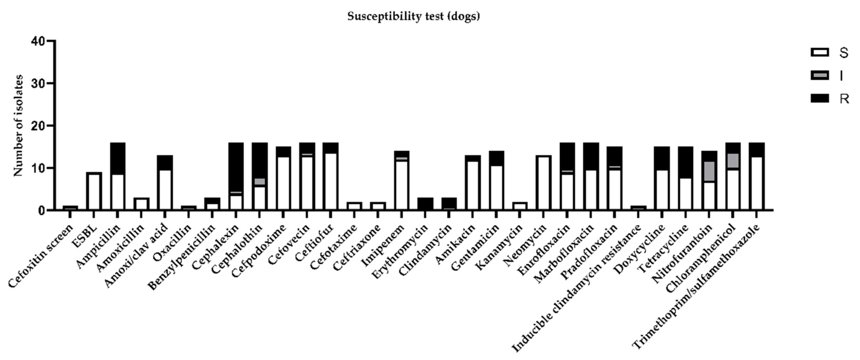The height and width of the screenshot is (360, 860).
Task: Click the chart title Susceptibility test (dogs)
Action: coord(413,16)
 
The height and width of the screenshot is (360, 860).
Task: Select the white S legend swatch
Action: coord(819,52)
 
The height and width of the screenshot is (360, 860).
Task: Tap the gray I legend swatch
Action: coord(819,75)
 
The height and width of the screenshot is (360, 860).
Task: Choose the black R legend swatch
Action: coord(819,98)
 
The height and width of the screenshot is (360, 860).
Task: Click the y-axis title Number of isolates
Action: coord(18,125)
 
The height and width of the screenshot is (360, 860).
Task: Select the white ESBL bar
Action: coord(94,191)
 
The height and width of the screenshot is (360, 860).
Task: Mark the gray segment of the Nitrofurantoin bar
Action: coord(709,171)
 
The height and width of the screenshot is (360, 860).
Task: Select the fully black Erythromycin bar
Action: coord(425,204)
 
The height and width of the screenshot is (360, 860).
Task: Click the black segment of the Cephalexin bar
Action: coord(236,167)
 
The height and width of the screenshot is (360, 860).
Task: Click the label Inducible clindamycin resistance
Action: coord(578,287)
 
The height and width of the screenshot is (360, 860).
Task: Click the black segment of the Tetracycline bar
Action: coord(685,162)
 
